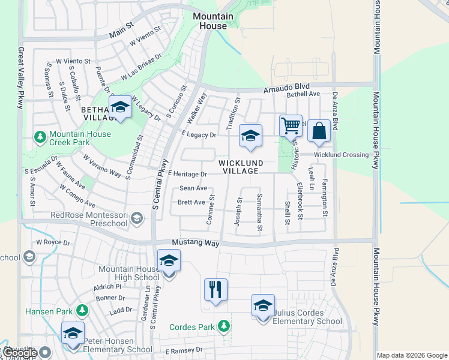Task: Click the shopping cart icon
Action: [x=291, y=126]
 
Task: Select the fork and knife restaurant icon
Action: [x=215, y=289]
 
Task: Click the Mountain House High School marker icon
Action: [x=169, y=261]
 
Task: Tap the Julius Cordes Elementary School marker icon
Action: [x=263, y=305]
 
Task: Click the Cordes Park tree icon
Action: [x=223, y=326]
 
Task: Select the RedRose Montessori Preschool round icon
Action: [x=137, y=217]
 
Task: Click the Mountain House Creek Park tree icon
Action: [x=41, y=137]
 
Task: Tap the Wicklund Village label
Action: [x=238, y=166]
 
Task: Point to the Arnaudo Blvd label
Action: [x=285, y=89]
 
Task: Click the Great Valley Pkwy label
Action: [x=20, y=78]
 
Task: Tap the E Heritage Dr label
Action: [x=187, y=174]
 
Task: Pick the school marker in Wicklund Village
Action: [x=250, y=136]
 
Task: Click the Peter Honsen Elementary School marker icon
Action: [x=73, y=333]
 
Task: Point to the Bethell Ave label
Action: [x=303, y=94]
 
